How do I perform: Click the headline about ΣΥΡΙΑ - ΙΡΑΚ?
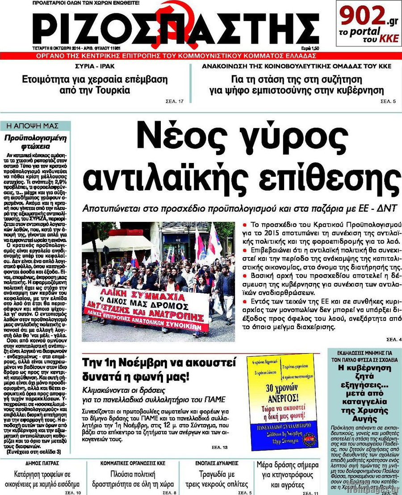tap(95, 85)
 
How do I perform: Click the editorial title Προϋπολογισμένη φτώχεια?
tap(35, 141)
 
